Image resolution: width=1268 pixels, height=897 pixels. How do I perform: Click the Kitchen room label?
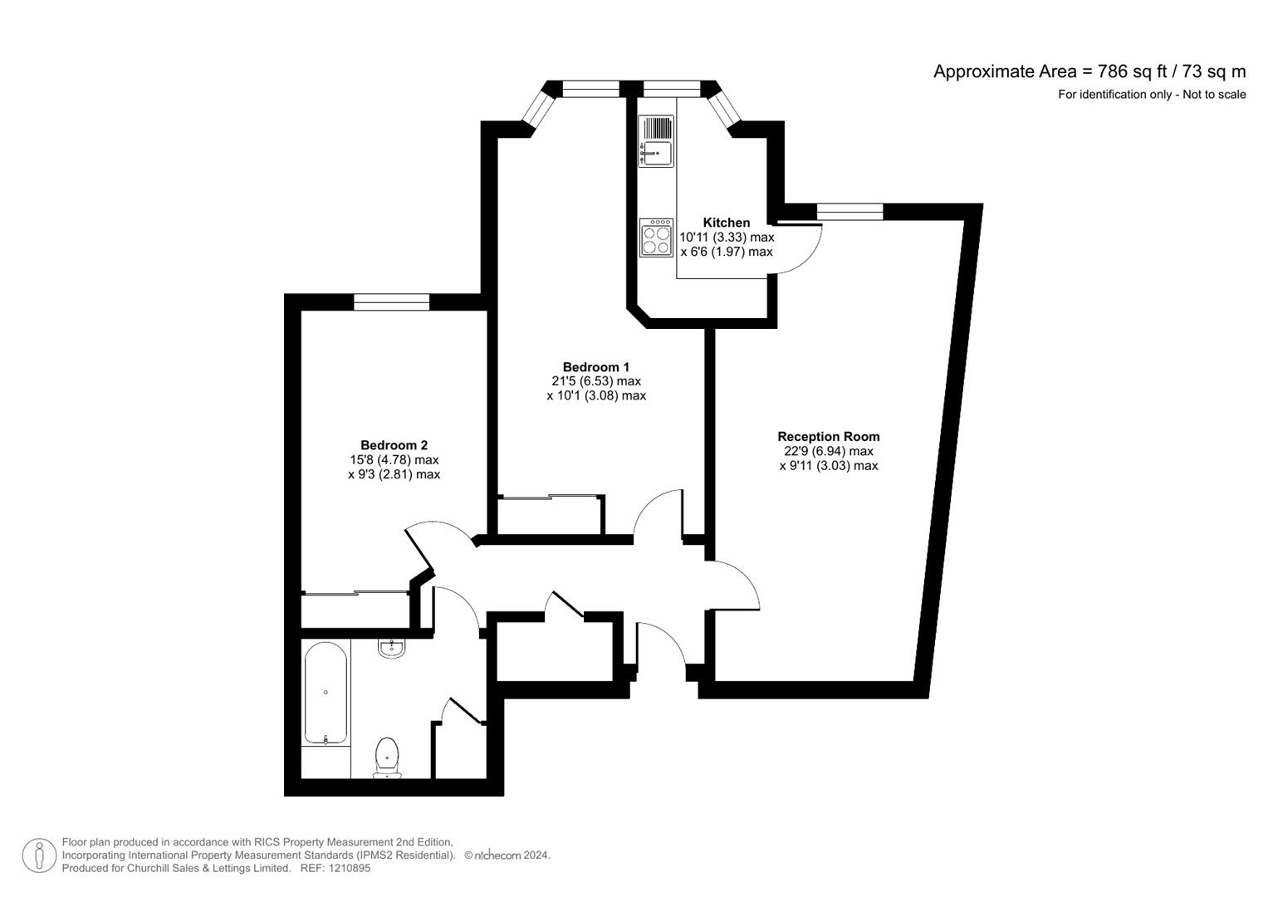pos(726,223)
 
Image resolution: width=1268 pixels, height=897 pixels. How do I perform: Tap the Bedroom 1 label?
pos(595,367)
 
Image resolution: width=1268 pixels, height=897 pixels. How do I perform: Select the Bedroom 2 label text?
pos(394,445)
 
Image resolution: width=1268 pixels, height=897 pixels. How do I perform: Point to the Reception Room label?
pos(828,436)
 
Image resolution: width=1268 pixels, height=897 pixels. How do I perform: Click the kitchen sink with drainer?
pos(655,141)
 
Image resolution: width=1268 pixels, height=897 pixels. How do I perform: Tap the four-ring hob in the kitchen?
pos(656,238)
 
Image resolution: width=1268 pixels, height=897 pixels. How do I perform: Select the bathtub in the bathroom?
pos(325,694)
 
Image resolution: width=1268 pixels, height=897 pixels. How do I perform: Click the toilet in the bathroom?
pos(387,757)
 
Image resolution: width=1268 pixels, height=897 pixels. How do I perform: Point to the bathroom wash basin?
pos(391,648)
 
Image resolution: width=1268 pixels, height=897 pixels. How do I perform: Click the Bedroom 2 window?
pos(391,301)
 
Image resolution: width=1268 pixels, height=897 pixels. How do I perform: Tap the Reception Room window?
pos(849,212)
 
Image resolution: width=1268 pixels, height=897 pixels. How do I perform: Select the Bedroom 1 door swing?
pos(660,515)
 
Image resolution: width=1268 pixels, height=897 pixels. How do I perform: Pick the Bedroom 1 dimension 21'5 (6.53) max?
pos(595,381)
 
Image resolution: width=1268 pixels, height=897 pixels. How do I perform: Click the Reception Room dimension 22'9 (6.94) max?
pos(828,451)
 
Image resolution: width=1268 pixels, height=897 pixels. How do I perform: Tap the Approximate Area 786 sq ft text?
pos(1089,71)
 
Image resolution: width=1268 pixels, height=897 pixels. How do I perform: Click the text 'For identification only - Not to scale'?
pos(1151,95)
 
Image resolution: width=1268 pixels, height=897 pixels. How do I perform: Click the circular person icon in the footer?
pos(39,855)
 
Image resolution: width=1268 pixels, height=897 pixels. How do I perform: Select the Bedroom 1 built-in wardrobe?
pos(550,516)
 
